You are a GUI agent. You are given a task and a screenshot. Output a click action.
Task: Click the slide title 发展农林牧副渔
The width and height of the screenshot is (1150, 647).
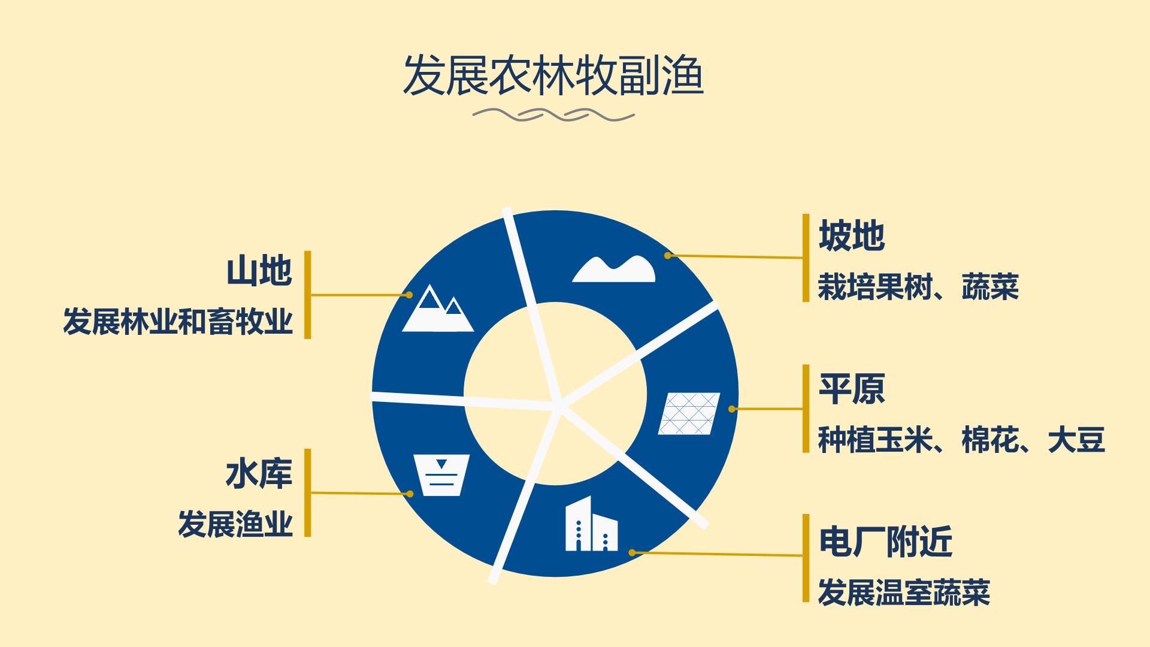tap(553, 76)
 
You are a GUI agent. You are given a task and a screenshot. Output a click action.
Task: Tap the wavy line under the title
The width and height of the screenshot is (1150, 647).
tap(553, 114)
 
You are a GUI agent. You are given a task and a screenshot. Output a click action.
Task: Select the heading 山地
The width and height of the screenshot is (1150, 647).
tap(259, 271)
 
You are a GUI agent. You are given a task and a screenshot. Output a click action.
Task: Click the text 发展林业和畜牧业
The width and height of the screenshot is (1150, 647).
tap(178, 322)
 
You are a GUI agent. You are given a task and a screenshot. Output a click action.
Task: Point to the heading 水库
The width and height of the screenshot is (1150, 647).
tap(259, 474)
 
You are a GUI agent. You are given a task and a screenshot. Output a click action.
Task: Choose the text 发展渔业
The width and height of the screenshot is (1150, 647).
tap(235, 524)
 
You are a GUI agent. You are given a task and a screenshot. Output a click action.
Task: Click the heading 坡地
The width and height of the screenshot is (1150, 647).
tap(851, 235)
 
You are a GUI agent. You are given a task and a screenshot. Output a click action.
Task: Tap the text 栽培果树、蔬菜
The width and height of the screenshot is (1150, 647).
tap(918, 287)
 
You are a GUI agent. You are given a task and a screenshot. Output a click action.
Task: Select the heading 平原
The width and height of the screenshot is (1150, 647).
tap(851, 389)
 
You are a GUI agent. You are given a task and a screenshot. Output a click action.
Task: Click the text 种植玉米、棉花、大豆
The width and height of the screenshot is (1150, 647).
tap(961, 440)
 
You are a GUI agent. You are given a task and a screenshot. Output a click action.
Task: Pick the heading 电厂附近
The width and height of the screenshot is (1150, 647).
tap(885, 542)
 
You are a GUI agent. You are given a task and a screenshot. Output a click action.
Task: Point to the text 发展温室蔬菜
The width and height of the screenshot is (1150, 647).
tap(904, 592)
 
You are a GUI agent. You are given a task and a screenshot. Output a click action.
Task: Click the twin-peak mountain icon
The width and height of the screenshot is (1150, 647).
tap(438, 308)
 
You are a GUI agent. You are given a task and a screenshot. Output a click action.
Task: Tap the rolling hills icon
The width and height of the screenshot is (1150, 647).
tap(613, 269)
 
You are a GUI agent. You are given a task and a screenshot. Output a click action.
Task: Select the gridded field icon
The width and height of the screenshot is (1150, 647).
tap(689, 413)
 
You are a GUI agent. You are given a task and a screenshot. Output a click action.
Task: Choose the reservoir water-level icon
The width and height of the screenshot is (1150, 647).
tap(441, 475)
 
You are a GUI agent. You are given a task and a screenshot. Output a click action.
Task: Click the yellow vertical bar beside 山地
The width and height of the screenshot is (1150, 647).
tap(308, 295)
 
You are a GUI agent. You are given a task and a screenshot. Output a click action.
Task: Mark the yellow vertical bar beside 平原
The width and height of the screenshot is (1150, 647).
tap(806, 409)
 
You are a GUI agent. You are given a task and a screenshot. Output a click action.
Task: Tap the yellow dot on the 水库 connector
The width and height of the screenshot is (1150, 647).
tap(410, 494)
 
